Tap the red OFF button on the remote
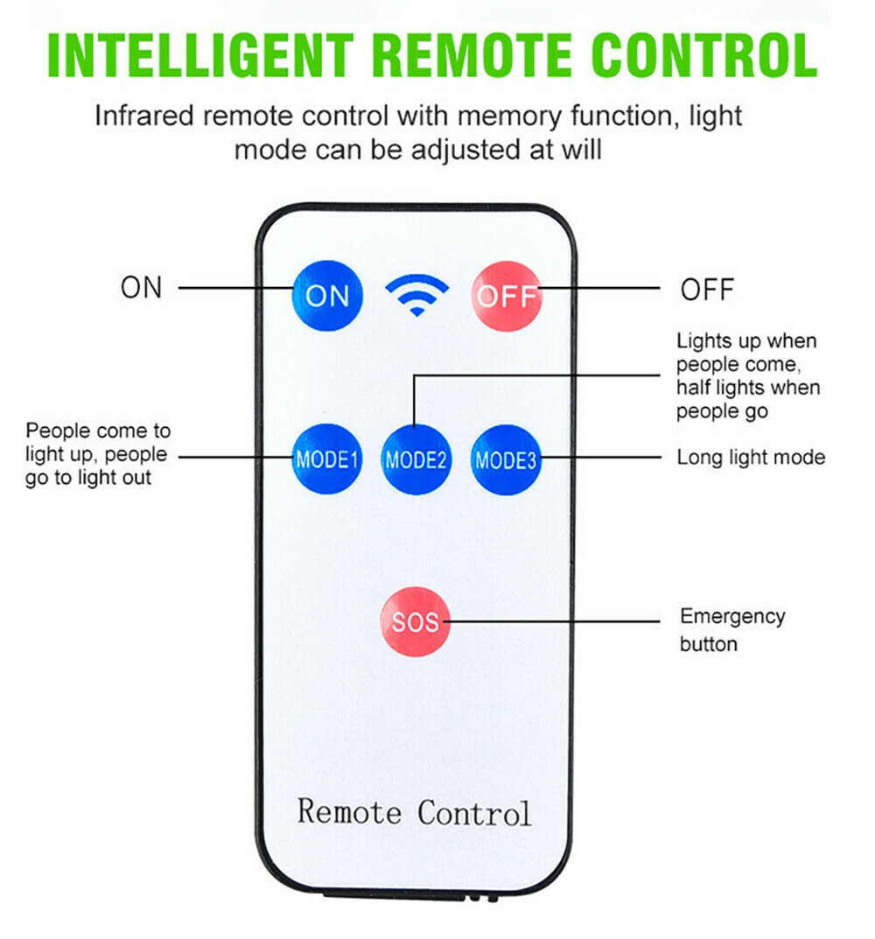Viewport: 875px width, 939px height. tap(507, 296)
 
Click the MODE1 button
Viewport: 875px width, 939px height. tap(327, 459)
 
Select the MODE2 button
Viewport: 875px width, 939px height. tap(416, 459)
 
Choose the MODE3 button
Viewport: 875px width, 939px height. tap(506, 459)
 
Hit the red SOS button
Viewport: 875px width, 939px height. tap(416, 622)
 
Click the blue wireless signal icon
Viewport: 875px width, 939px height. tap(417, 296)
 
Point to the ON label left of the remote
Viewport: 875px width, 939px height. tap(142, 288)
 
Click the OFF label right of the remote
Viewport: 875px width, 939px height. tap(707, 290)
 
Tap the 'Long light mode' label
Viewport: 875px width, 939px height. tap(751, 457)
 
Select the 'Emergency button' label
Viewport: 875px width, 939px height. tap(732, 630)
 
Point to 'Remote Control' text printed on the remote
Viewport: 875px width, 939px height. tap(414, 811)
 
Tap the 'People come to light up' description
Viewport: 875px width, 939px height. tap(97, 454)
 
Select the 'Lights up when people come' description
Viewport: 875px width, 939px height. tap(748, 375)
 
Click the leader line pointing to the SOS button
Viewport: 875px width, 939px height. tap(555, 622)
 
